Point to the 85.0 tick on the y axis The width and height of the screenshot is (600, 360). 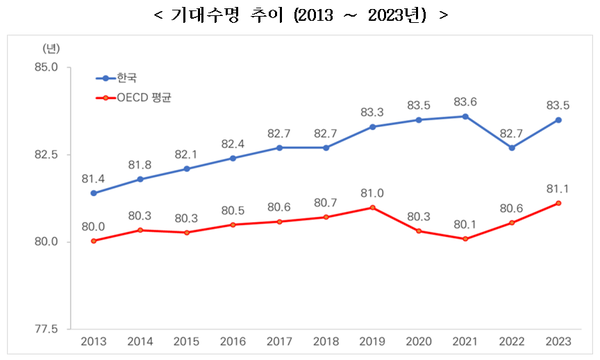47,68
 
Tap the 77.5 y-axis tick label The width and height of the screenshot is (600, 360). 47,329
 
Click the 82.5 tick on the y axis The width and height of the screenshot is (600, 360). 47,155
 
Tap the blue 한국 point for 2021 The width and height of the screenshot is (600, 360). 465,116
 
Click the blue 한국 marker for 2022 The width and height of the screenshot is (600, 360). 512,148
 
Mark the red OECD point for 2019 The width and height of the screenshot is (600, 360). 372,207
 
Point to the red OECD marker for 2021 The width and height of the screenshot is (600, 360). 465,239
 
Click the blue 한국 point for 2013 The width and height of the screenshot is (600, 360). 93,193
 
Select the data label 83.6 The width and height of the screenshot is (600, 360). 465,101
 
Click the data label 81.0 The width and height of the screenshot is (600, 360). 372,192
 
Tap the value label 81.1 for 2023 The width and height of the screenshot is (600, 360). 558,188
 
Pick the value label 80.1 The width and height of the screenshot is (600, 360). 465,224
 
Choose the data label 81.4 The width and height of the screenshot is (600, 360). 93,178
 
